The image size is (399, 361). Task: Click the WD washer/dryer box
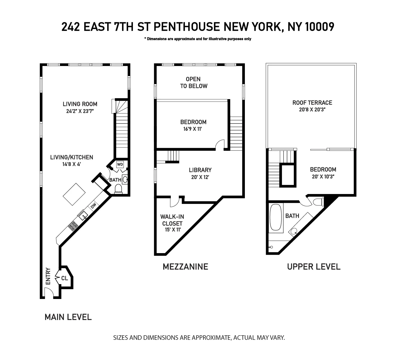[120, 164]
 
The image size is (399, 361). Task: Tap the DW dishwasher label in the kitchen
[93, 206]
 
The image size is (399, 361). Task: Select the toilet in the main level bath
[118, 189]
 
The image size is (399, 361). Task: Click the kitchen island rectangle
[74, 194]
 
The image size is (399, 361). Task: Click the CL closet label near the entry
[64, 278]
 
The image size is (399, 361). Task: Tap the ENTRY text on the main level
[48, 276]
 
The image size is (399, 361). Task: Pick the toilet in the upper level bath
[318, 202]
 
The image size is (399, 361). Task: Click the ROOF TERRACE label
[312, 103]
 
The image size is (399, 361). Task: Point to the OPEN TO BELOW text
[193, 82]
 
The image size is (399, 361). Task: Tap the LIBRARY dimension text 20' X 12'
[200, 177]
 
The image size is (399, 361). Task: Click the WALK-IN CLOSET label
[172, 220]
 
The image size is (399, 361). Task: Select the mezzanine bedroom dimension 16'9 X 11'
[193, 129]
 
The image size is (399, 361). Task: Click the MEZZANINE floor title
[185, 266]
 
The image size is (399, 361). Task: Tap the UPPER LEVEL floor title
[314, 267]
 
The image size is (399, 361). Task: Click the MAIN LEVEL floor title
[68, 317]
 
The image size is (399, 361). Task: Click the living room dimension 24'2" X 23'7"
[80, 111]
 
